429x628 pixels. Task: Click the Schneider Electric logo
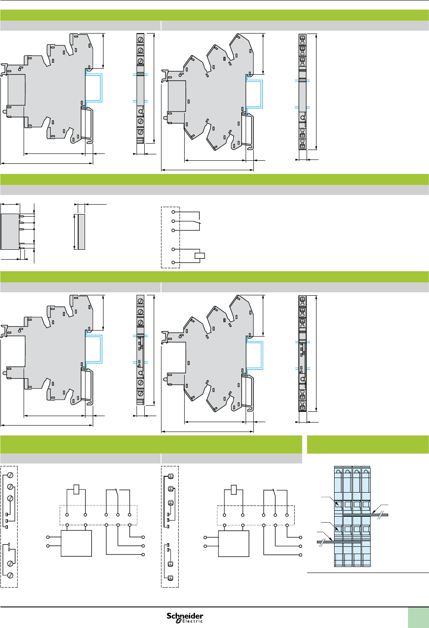pos(185,618)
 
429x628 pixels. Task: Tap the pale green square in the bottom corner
pos(418,618)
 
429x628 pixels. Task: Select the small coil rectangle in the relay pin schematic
pos(200,256)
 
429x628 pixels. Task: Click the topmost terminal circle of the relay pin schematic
pos(173,212)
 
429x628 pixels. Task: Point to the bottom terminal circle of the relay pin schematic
pos(173,262)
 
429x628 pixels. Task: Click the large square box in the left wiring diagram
pos(76,543)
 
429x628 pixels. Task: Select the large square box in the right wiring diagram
pos(234,543)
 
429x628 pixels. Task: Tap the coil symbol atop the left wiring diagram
pos(76,489)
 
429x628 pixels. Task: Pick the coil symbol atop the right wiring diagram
pos(234,489)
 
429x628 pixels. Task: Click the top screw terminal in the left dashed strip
pos(10,475)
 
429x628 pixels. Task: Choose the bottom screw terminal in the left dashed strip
pos(10,575)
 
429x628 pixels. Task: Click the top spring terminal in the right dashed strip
pos(170,476)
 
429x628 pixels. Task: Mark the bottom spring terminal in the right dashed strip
pos(170,577)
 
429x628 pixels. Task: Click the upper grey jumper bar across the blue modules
pos(365,515)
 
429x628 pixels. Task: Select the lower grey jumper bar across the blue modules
pos(339,542)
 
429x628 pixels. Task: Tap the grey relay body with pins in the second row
pos(10,231)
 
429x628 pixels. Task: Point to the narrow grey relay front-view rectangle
pos(81,231)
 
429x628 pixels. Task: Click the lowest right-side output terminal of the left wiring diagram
pos(143,554)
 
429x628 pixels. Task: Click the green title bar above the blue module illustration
pos(368,444)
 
